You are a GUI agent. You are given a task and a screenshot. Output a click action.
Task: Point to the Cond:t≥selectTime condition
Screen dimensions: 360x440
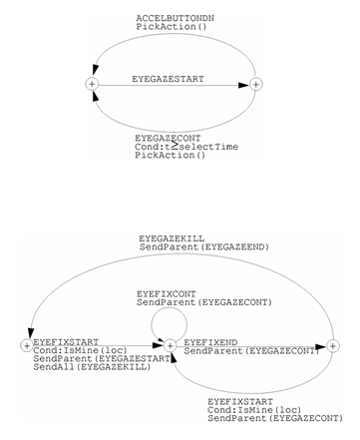tap(186, 146)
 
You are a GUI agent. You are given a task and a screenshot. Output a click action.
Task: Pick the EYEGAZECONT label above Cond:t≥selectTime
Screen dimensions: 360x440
tap(168, 137)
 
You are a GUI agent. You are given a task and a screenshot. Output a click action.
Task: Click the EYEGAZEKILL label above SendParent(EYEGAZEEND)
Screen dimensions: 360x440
tap(171, 238)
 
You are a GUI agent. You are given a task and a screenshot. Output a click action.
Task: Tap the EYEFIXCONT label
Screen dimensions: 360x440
tap(166, 293)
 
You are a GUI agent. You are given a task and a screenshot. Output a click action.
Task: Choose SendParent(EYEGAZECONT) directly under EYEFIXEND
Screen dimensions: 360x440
tap(251, 351)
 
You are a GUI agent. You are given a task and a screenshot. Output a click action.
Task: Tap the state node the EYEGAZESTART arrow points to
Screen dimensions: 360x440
tap(255, 85)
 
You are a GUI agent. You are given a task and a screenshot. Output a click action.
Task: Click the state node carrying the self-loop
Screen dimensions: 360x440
tap(170, 345)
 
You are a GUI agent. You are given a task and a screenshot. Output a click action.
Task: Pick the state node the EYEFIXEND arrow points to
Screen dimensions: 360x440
tap(333, 345)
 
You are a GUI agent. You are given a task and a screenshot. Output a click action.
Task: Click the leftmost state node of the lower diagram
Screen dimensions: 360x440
tap(26, 345)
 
